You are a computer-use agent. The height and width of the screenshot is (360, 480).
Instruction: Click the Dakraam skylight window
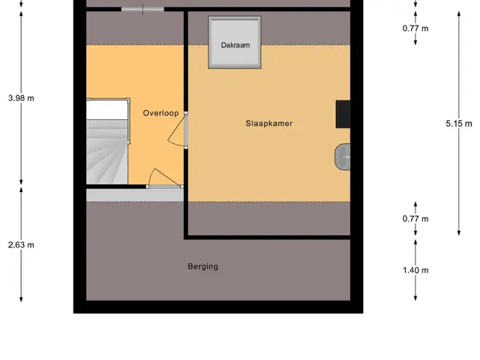235,42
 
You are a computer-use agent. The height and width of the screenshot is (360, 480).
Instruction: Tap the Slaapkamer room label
269,123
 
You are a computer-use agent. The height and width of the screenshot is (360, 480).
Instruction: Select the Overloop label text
160,113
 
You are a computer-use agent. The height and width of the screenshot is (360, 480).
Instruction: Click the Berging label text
203,266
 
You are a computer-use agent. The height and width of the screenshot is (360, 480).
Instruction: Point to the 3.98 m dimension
21,98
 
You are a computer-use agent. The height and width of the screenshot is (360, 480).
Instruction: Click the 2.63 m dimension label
21,245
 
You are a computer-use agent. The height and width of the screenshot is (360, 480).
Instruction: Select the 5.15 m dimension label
459,124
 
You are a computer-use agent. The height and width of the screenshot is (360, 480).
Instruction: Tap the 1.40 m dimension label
415,270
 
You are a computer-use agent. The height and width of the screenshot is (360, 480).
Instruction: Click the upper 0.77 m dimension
415,28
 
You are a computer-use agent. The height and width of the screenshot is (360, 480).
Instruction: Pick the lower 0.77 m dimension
415,219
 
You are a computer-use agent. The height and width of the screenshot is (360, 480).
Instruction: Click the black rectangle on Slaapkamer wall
343,114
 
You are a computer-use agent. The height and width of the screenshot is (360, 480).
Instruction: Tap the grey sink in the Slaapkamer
342,157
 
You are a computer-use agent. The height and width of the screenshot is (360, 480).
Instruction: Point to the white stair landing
106,109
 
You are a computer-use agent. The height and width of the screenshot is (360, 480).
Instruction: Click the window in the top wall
142,9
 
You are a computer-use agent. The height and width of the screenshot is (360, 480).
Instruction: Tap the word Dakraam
235,45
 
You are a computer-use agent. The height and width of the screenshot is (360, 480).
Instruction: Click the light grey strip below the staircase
135,195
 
